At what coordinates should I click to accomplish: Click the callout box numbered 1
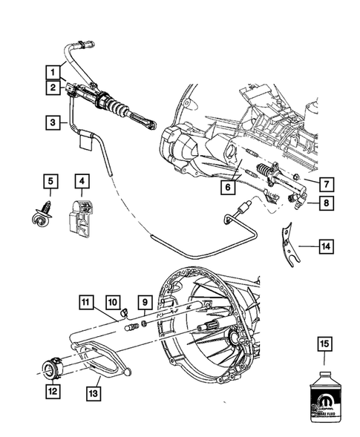coord(53,72)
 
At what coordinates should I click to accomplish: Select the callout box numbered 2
coord(53,88)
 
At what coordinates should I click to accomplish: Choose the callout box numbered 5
coord(50,180)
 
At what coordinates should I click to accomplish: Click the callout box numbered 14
coord(327,244)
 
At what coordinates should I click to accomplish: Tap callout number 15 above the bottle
coord(324,344)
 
